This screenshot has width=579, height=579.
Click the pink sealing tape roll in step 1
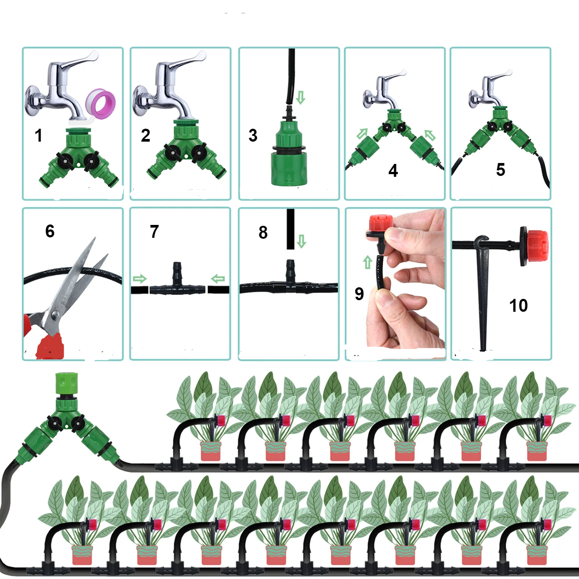(x=101, y=103)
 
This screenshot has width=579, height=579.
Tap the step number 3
(x=253, y=135)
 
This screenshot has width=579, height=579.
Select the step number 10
(x=518, y=306)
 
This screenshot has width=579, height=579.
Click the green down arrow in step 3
(x=301, y=98)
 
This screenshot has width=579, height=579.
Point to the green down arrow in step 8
(x=302, y=241)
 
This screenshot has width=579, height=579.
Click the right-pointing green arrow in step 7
(x=139, y=279)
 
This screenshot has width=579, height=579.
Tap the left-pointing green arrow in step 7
(x=218, y=279)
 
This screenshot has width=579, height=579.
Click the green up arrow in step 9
(x=367, y=262)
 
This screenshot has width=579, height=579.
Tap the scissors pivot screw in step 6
(x=54, y=315)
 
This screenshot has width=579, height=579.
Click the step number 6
(x=50, y=231)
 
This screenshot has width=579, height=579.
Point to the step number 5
(x=501, y=170)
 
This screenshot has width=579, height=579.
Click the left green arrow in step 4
(x=363, y=133)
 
